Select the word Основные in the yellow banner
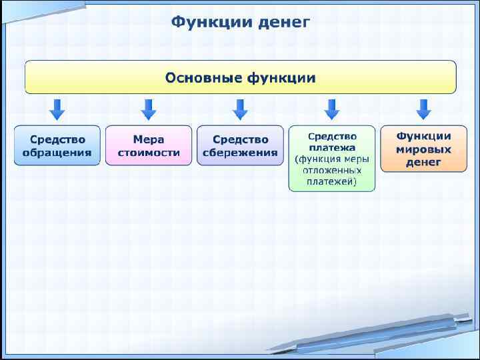(x=203, y=78)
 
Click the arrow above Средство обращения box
(x=57, y=109)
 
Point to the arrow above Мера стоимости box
(x=149, y=109)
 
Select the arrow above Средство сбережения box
(x=240, y=109)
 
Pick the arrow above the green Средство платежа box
(x=331, y=109)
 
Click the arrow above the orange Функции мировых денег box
(x=423, y=109)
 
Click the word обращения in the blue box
(x=57, y=152)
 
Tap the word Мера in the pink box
(x=149, y=139)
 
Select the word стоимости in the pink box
(x=149, y=152)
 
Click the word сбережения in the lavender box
(x=240, y=152)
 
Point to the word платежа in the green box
(x=332, y=147)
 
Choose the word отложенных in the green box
(x=332, y=170)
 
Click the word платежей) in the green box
(x=332, y=181)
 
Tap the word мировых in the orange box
(x=423, y=149)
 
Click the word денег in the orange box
(x=423, y=162)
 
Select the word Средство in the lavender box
(x=240, y=139)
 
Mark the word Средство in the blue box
(x=57, y=139)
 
